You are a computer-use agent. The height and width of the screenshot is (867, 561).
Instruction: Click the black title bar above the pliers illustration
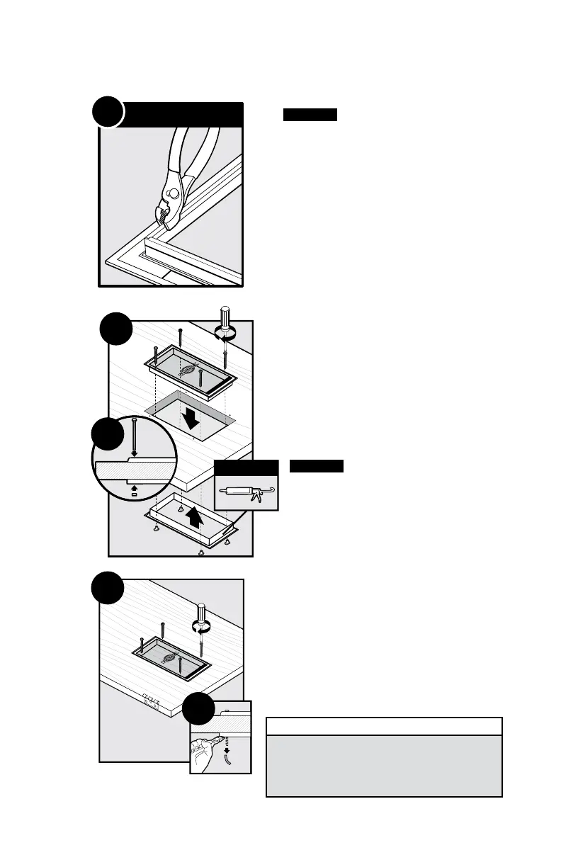click(x=183, y=114)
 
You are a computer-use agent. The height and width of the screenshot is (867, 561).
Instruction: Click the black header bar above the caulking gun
click(x=246, y=468)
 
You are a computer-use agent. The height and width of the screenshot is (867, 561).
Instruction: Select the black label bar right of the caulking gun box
click(x=317, y=466)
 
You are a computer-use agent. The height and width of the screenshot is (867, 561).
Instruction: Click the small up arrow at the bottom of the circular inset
click(x=134, y=487)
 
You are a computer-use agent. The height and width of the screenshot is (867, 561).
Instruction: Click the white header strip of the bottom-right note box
click(x=384, y=727)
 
